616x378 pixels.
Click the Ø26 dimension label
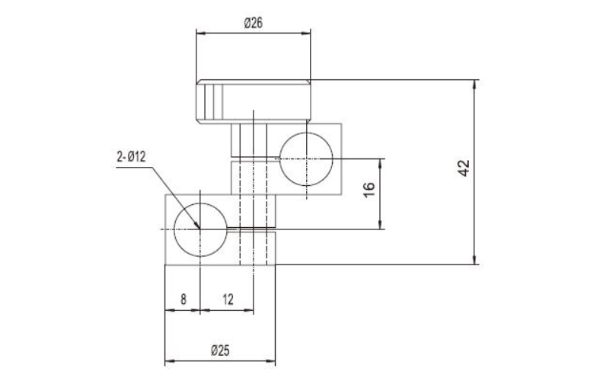(254, 24)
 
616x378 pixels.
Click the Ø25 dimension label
(221, 351)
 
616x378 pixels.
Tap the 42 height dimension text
(464, 169)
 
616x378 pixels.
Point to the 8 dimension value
(183, 300)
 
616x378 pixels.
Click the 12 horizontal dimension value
(228, 300)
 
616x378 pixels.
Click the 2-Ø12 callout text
(131, 157)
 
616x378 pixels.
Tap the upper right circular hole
(306, 159)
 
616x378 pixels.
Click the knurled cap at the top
(254, 101)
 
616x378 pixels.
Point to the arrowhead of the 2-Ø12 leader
(196, 226)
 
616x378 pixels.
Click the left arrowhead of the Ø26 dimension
(199, 33)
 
